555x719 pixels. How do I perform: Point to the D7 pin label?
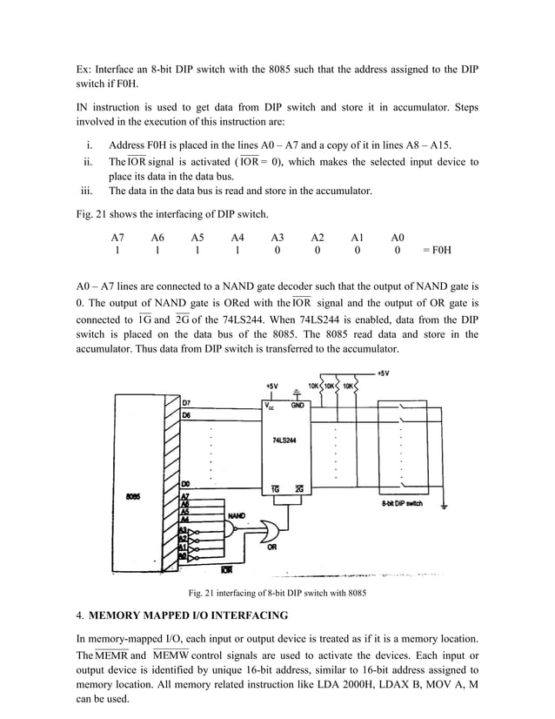[187, 402]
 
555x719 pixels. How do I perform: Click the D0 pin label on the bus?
[186, 483]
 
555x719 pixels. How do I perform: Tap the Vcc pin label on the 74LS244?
[270, 404]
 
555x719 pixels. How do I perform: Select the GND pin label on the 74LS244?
[298, 404]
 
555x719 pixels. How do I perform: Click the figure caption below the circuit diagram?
[277, 595]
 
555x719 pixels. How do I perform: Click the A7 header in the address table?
[117, 237]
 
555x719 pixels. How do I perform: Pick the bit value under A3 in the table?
[277, 252]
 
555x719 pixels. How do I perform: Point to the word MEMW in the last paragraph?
[169, 655]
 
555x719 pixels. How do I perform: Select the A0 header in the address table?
[398, 237]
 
